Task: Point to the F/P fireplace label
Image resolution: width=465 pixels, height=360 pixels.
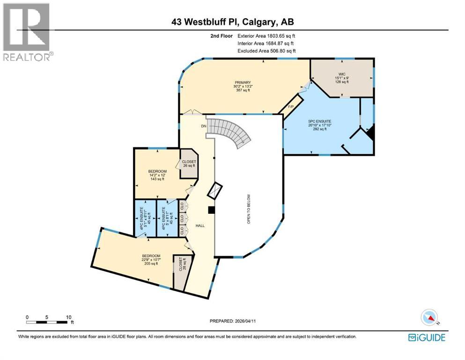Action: point(290,107)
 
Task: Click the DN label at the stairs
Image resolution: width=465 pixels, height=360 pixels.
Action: point(204,126)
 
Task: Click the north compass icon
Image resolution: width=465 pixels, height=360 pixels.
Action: point(430,318)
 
